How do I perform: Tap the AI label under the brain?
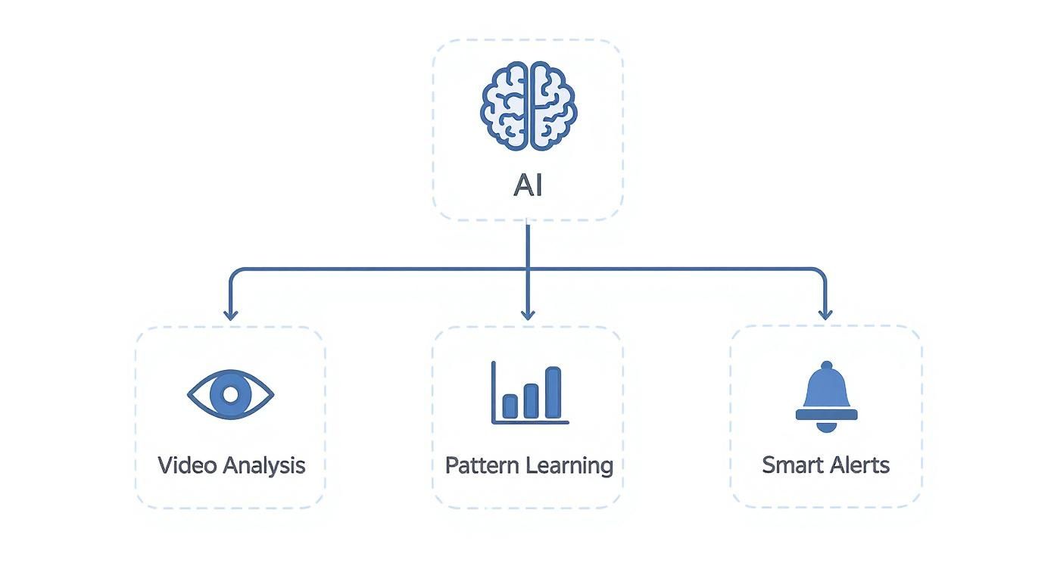click(528, 185)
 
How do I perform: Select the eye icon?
click(230, 394)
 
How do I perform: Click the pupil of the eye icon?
click(230, 394)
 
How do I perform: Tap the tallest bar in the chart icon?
click(554, 393)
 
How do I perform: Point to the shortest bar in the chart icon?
click(510, 406)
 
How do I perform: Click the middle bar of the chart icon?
click(532, 400)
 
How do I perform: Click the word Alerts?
click(859, 465)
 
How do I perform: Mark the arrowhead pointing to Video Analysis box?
click(230, 315)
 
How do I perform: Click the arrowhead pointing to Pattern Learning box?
click(528, 315)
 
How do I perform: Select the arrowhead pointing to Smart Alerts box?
click(825, 315)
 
